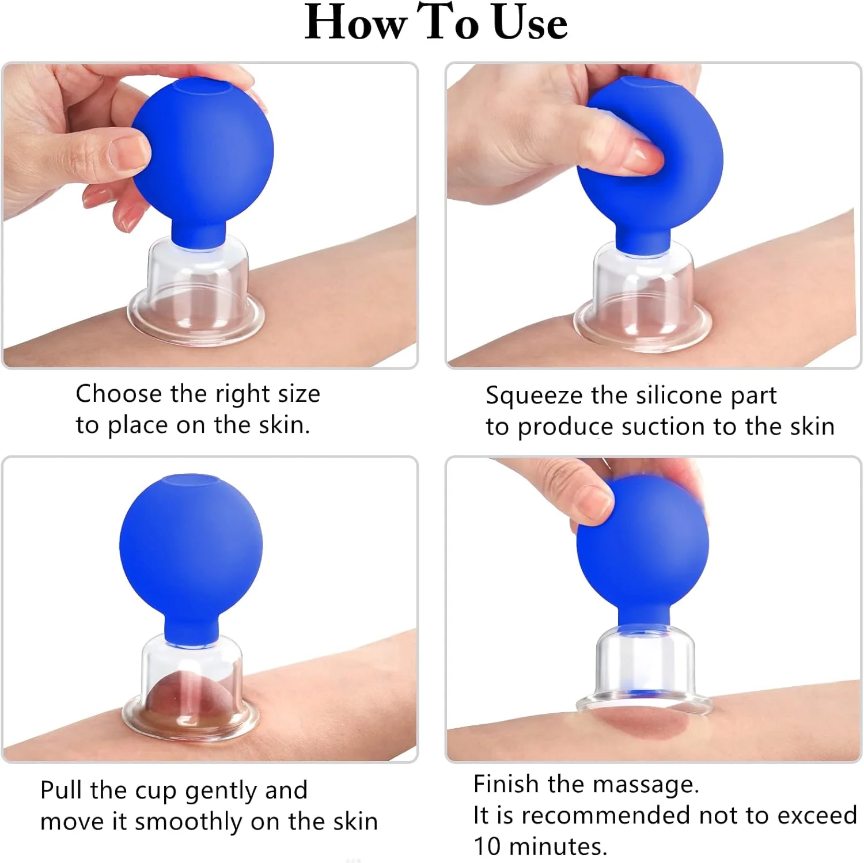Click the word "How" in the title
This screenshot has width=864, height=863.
click(355, 22)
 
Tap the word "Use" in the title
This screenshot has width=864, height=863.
click(530, 22)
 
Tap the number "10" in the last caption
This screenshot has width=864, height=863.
click(487, 847)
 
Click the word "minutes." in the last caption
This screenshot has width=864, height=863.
click(558, 847)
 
